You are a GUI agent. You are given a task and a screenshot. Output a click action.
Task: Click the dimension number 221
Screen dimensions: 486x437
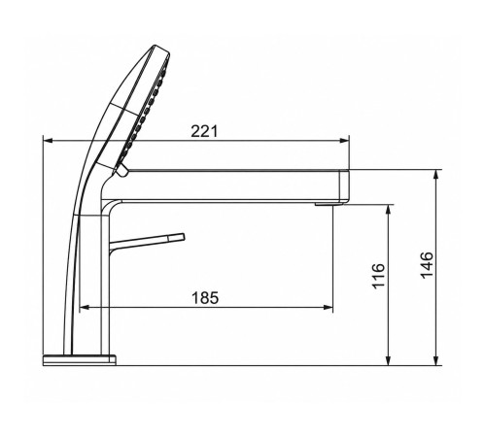[x=204, y=131]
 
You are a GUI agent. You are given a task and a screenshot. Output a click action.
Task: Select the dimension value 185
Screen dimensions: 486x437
[x=205, y=298]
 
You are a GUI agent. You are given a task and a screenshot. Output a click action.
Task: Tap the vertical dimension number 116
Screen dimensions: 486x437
[x=378, y=276]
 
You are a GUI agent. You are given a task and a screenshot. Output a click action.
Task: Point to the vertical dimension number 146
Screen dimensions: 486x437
[x=427, y=264]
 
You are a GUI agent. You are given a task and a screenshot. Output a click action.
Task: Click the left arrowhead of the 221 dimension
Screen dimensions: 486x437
[x=48, y=141]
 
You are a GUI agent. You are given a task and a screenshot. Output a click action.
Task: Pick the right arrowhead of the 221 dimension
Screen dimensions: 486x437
[x=345, y=141]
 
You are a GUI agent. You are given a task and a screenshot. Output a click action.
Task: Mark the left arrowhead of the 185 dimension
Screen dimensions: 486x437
[x=85, y=307]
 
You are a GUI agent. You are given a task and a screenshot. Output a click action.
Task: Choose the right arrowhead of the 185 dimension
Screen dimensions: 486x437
[x=329, y=307]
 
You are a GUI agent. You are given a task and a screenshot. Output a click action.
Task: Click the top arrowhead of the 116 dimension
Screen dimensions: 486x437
[x=389, y=210]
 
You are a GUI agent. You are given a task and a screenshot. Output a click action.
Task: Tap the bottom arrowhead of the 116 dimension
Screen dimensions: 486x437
[x=389, y=360]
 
